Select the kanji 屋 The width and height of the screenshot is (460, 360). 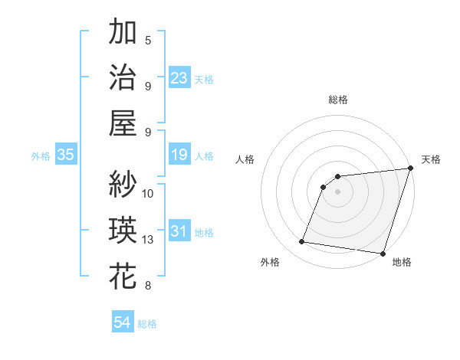pos(123,122)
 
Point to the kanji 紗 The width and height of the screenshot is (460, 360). pos(123,185)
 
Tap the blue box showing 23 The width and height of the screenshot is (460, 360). pos(179,78)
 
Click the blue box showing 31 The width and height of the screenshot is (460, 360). pos(179,231)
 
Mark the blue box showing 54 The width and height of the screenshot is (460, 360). pos(123,322)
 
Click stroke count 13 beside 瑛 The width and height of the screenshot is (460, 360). pos(148,240)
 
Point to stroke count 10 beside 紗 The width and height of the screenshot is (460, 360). pos(148,193)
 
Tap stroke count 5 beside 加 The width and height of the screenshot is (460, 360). pos(148,40)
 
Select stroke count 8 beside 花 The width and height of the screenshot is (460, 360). pos(148,286)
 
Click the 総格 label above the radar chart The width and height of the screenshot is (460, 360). pos(337,100)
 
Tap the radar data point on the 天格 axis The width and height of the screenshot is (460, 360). pos(410,169)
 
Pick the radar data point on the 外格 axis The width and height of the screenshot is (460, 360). pos(302,242)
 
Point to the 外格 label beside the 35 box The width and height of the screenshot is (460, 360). pos(41,156)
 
